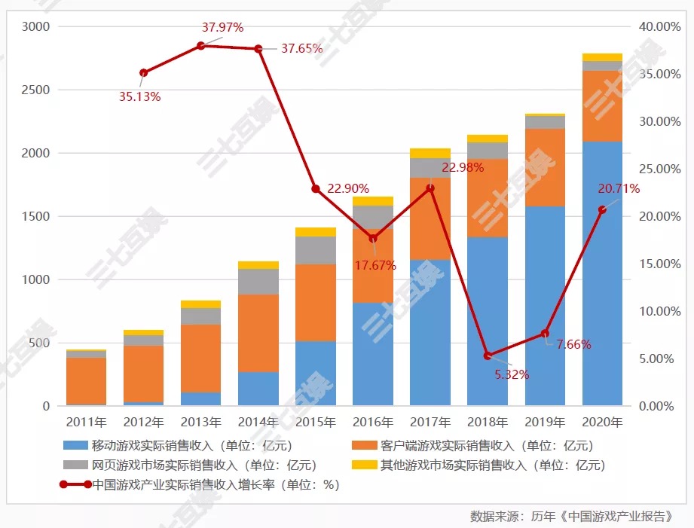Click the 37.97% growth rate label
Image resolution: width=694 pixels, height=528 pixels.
click(222, 28)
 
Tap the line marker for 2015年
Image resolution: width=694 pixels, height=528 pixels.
click(316, 189)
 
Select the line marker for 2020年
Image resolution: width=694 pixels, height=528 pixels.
click(602, 209)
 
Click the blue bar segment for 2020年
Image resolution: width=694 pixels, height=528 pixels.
click(602, 271)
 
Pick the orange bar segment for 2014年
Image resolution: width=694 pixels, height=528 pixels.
click(258, 333)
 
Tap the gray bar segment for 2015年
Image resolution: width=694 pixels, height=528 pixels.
click(316, 250)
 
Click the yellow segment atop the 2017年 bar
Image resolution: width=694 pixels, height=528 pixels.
click(430, 154)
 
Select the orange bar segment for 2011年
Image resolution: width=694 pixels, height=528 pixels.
click(86, 380)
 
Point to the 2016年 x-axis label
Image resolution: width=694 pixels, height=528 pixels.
click(373, 422)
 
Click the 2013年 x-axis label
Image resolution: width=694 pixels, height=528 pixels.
click(200, 422)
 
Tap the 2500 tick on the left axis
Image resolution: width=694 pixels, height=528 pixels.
click(35, 90)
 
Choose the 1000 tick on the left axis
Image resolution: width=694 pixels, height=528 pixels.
click(35, 279)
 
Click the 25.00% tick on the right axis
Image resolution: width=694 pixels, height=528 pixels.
click(658, 169)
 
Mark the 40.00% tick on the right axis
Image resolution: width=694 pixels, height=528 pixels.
click(658, 26)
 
